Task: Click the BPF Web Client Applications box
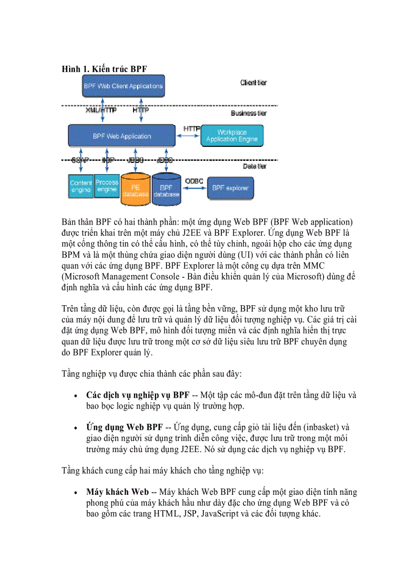tap(123, 86)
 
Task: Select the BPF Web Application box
tap(122, 136)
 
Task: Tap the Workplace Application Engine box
tap(232, 136)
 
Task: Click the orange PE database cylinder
tap(136, 189)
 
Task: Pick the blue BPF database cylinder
tap(166, 189)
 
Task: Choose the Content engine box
tap(81, 186)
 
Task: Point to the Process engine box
tap(107, 185)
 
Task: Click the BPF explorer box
tap(230, 188)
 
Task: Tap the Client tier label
tap(253, 82)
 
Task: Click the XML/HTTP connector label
tap(101, 110)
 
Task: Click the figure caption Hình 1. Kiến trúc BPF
tap(105, 69)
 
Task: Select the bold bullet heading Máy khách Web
tap(118, 492)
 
